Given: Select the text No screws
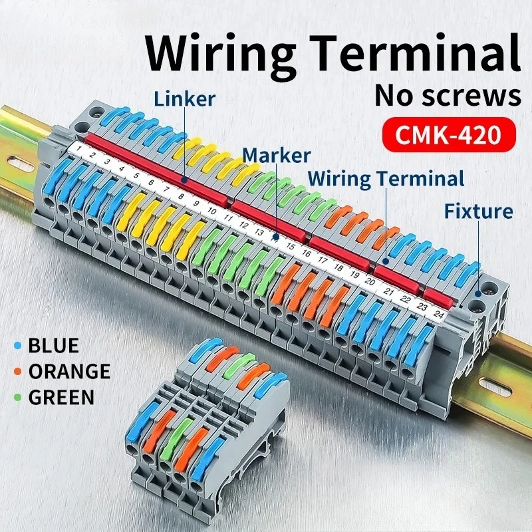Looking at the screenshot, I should point(448,95).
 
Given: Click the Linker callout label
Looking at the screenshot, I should point(184,99).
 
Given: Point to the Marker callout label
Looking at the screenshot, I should point(276,156).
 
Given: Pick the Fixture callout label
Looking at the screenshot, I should point(479,211).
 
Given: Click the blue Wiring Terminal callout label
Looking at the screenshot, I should point(386,178).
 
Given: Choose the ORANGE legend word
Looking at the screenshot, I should point(68,372).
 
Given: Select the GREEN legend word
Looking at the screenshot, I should point(61,398).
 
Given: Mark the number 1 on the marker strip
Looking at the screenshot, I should point(78,147).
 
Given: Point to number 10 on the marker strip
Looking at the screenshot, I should point(212,211).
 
